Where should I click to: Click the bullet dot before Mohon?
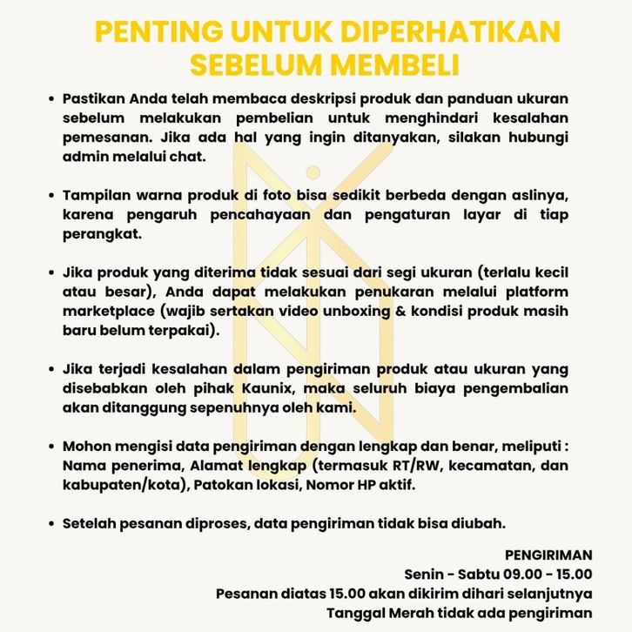[53, 446]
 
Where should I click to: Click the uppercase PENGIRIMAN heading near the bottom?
[548, 555]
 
